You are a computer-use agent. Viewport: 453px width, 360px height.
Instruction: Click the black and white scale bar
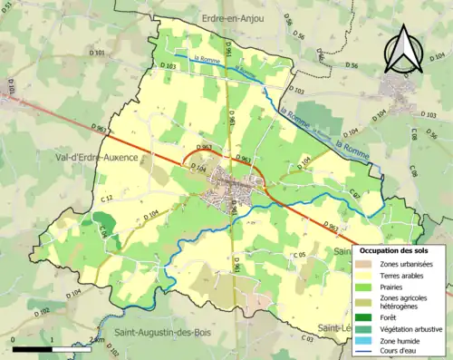(53, 347)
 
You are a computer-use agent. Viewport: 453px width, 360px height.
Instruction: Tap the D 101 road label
(98, 53)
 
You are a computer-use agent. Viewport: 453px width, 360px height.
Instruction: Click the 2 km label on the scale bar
(97, 339)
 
